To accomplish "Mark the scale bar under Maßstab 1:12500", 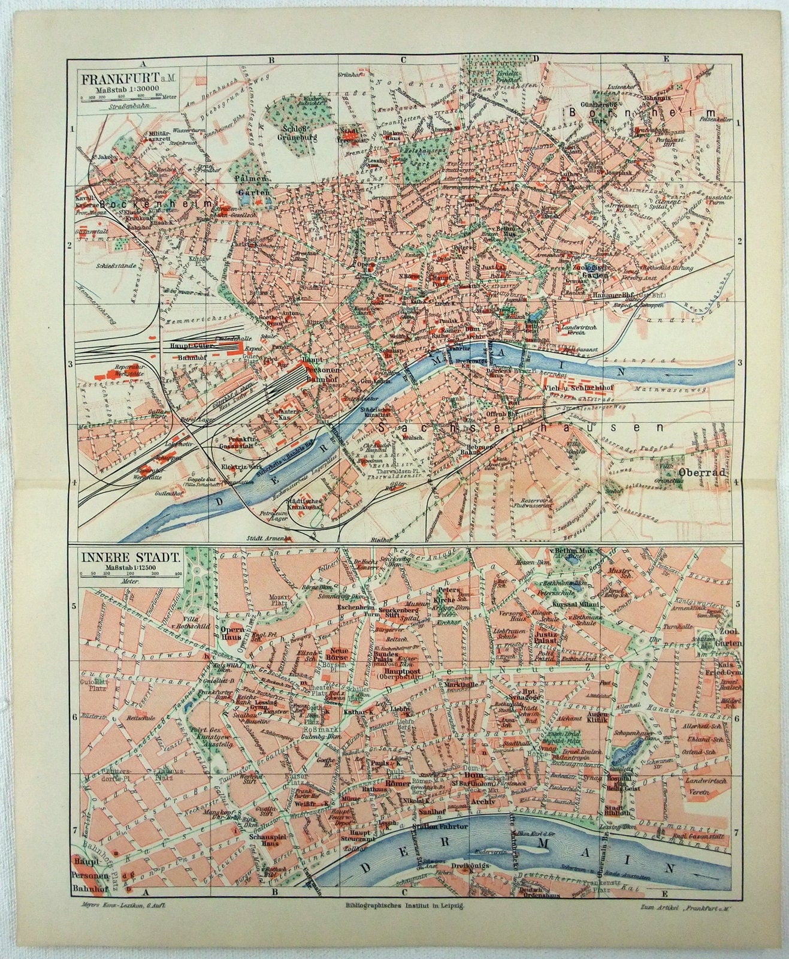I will point(132,575).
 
